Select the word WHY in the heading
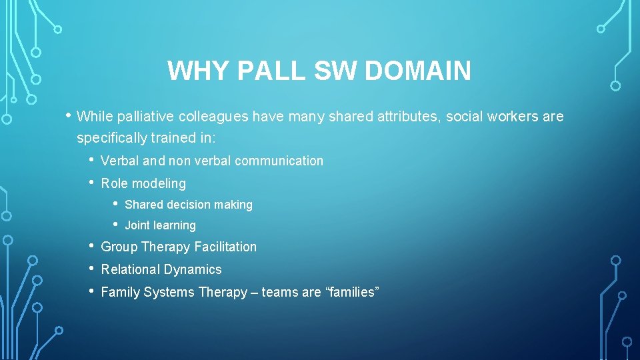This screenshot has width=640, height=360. (195, 71)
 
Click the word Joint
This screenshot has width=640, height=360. (137, 225)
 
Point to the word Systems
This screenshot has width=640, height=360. (174, 292)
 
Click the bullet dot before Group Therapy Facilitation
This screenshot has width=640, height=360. (91, 245)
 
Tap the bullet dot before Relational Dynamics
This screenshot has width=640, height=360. (91, 268)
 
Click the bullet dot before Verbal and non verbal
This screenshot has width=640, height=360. (91, 159)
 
